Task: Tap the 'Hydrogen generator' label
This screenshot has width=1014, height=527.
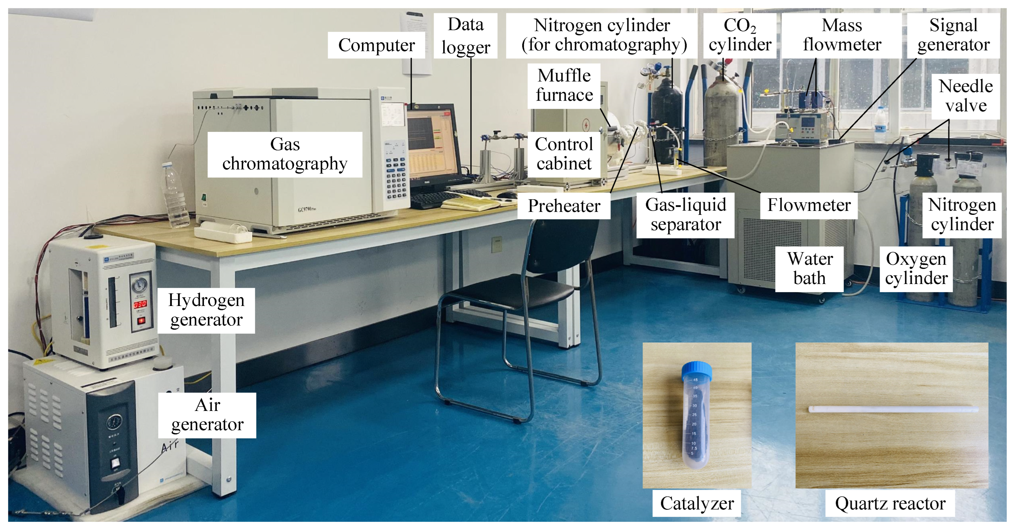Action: [206, 310]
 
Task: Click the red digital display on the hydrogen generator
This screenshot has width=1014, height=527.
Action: [140, 304]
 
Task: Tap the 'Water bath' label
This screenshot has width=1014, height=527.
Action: [809, 269]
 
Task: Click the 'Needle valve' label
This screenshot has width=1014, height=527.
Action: [966, 96]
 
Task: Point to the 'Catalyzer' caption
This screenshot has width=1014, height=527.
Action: [697, 503]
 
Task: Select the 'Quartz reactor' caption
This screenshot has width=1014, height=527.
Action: [890, 503]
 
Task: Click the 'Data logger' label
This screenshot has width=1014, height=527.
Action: [465, 36]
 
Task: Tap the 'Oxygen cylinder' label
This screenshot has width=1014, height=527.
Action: [916, 269]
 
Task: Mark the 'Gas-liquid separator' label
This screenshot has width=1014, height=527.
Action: [685, 215]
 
